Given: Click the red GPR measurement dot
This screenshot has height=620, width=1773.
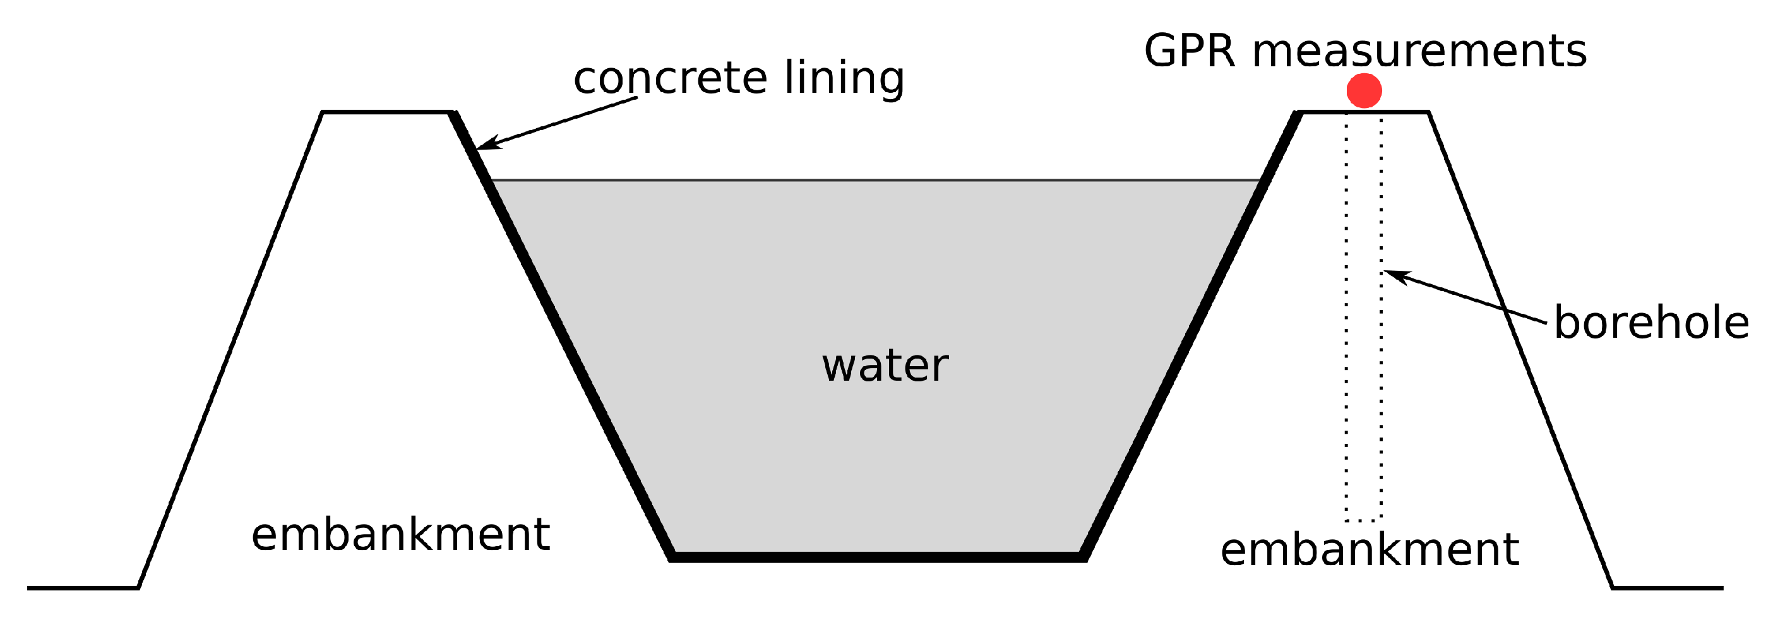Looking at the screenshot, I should pyautogui.click(x=1363, y=90).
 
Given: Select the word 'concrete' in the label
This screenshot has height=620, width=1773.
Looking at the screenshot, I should pyautogui.click(x=670, y=77).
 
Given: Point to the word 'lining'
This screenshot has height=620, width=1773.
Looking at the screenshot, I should pyautogui.click(x=845, y=77).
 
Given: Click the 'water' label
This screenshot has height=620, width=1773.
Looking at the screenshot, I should pyautogui.click(x=885, y=365).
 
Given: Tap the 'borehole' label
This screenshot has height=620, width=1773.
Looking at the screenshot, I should pyautogui.click(x=1651, y=322).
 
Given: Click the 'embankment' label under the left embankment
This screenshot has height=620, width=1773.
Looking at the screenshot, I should pyautogui.click(x=400, y=534).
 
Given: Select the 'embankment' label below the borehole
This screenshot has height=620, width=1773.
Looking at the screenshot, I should pyautogui.click(x=1370, y=549).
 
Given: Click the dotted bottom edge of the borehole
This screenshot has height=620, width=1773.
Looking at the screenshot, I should pyautogui.click(x=1363, y=520).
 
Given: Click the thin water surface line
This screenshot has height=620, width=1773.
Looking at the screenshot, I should pyautogui.click(x=874, y=181).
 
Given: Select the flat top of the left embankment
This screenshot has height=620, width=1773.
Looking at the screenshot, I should pyautogui.click(x=387, y=112).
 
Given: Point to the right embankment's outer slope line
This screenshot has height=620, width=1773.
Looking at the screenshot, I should pyautogui.click(x=1521, y=351).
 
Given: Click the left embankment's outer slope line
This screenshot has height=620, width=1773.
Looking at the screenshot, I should pyautogui.click(x=230, y=351).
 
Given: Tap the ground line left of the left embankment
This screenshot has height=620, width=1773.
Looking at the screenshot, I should pyautogui.click(x=83, y=588).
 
